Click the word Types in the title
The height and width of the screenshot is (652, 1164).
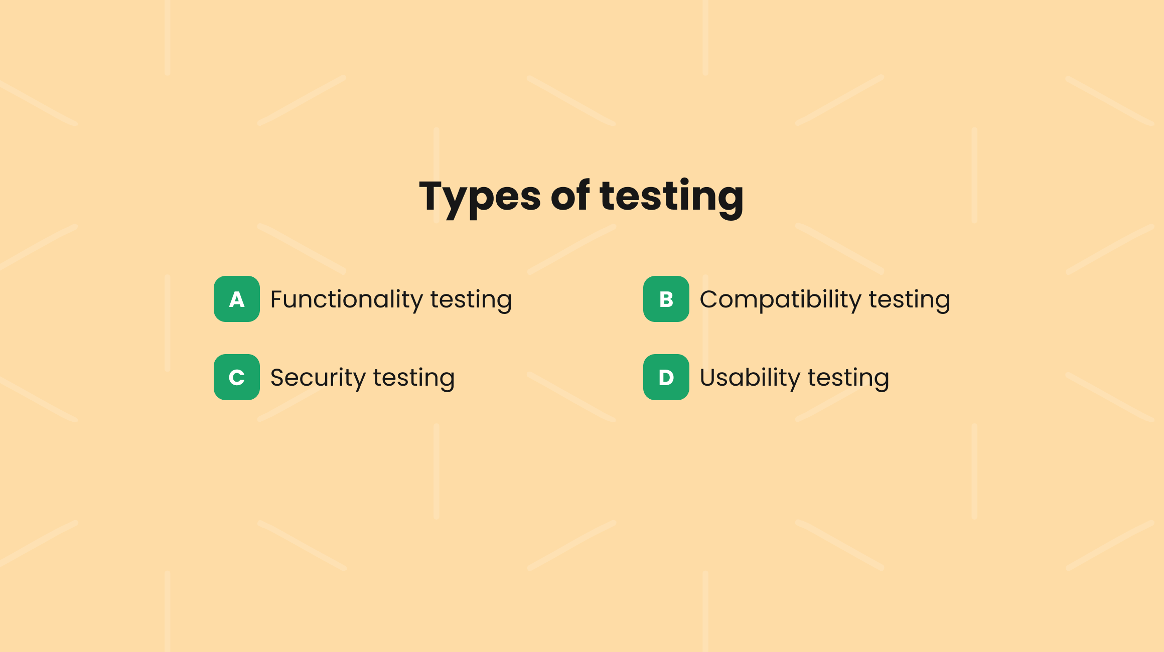click(480, 197)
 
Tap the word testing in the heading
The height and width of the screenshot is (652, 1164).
click(671, 197)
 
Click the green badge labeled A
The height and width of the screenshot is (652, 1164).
click(237, 299)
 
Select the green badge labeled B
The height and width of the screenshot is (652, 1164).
click(666, 299)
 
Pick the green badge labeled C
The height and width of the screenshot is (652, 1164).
click(237, 377)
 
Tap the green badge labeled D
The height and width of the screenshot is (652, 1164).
click(666, 377)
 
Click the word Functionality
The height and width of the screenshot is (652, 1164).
click(346, 299)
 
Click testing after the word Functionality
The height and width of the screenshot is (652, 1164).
click(471, 300)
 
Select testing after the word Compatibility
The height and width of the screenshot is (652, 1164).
click(909, 300)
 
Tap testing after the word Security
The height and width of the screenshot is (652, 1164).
click(414, 378)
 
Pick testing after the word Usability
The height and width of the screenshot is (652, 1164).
click(848, 378)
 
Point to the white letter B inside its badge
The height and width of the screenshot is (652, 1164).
click(666, 299)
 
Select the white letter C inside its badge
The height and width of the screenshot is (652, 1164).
click(237, 378)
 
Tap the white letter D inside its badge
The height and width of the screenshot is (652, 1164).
click(666, 378)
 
